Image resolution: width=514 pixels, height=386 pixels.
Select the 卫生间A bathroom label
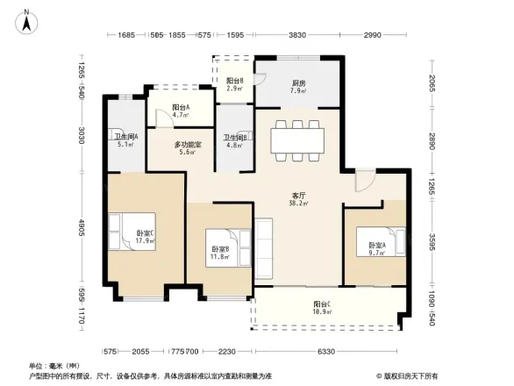pyautogui.click(x=125, y=139)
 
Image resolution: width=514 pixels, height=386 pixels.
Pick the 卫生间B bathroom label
pyautogui.click(x=234, y=139)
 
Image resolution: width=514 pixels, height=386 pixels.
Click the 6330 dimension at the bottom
pyautogui.click(x=326, y=351)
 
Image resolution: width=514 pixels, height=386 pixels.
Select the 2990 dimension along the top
pyautogui.click(x=374, y=35)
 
